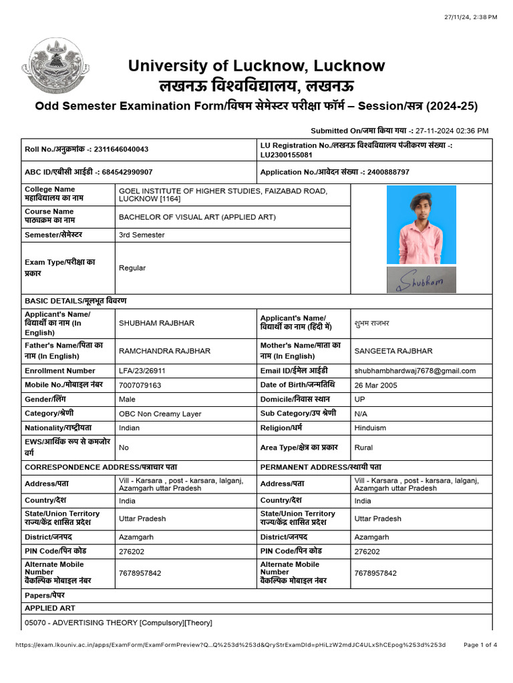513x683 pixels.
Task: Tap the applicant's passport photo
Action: (x=421, y=225)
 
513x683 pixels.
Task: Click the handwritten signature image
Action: (x=421, y=280)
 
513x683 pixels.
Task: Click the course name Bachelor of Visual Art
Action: (x=197, y=217)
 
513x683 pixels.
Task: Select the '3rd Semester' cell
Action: (x=142, y=235)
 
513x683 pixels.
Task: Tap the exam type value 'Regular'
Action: (x=132, y=267)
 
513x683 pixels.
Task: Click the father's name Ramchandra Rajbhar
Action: (x=164, y=351)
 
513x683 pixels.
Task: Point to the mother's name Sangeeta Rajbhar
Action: (x=393, y=351)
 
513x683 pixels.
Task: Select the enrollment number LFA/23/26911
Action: (x=142, y=371)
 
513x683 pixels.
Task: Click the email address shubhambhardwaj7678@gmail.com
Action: (x=415, y=371)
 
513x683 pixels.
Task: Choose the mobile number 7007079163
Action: (x=140, y=386)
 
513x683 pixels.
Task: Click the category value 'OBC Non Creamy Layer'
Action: (x=160, y=414)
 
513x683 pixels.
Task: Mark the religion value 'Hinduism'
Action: (x=370, y=428)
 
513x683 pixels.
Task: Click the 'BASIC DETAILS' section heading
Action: (x=75, y=301)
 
